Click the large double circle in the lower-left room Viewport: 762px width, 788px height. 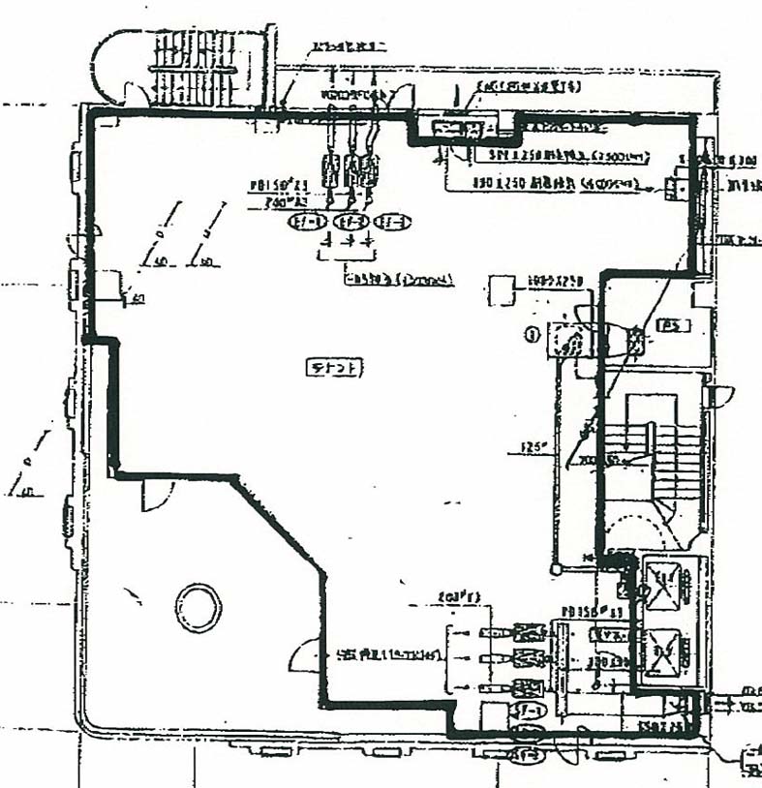click(198, 607)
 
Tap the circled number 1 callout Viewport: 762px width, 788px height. click(531, 336)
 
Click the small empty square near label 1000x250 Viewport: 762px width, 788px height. click(500, 289)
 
